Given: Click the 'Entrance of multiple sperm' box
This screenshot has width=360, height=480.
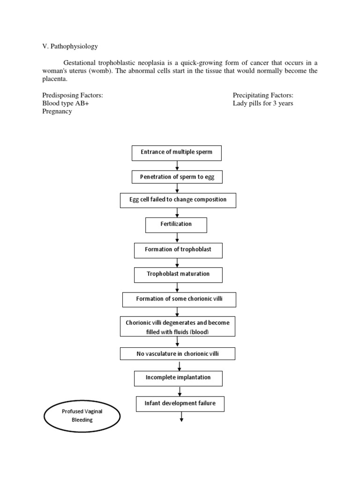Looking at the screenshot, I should tap(176, 153).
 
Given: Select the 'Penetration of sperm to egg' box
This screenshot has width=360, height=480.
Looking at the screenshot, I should tap(177, 177).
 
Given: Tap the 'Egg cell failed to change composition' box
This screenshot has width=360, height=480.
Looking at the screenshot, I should tap(178, 200).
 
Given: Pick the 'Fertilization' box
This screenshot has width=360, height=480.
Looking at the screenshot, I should tap(176, 225).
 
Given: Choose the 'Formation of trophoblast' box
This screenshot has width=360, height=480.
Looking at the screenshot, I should tap(178, 250).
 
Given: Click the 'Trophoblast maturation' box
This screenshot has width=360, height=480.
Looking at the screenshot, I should tap(178, 275).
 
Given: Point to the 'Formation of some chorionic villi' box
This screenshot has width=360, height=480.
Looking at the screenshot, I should tap(179, 300).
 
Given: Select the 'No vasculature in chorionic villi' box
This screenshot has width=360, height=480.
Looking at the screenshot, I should tap(178, 354).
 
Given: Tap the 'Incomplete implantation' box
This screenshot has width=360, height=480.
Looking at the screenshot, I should tap(178, 378).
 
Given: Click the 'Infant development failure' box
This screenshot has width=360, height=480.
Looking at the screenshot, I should tap(180, 404).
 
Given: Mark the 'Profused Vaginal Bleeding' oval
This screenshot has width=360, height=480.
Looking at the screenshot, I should tap(83, 416).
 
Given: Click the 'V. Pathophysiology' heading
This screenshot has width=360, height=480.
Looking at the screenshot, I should tap(70, 47).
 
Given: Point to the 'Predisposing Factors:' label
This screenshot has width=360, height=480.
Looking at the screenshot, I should tap(73, 95).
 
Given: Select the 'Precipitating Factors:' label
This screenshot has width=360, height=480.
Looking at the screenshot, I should tap(263, 95).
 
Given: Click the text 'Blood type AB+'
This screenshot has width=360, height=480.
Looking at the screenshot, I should tap(65, 104).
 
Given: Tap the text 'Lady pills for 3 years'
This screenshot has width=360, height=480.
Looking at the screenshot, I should tap(263, 104).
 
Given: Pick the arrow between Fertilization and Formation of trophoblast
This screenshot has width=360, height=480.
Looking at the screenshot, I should tap(177, 238).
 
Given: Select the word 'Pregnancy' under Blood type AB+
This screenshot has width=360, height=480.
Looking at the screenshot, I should tap(57, 112).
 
